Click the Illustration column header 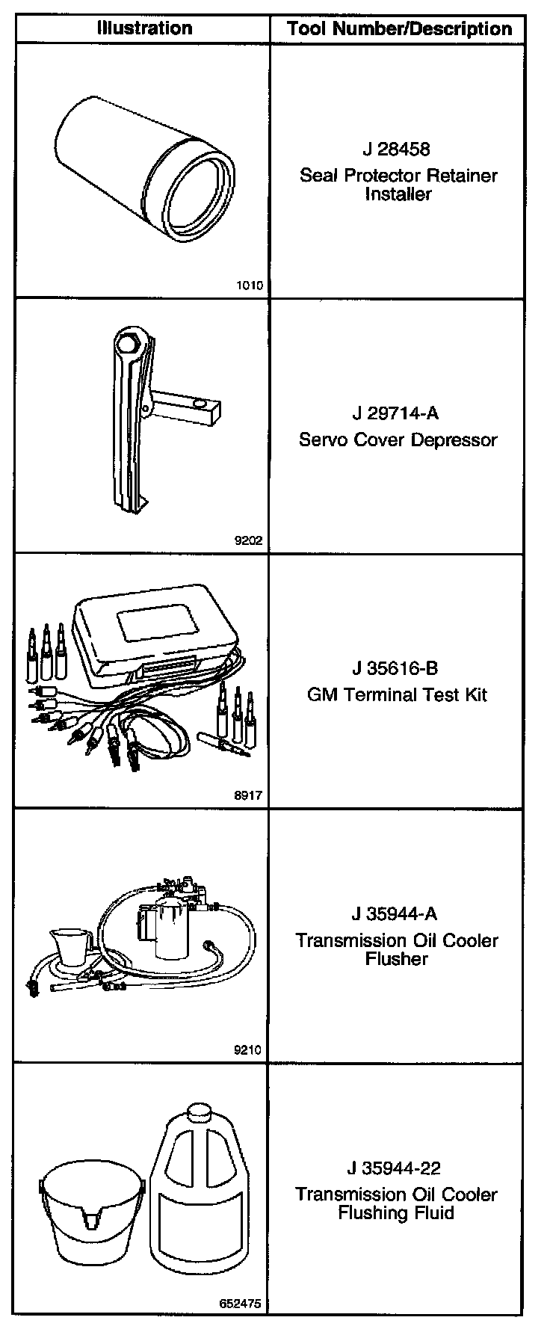click(x=144, y=28)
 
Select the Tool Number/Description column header click(x=400, y=29)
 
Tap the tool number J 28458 click(x=397, y=149)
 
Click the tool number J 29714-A click(x=397, y=413)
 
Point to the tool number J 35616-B click(x=397, y=667)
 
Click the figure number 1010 click(x=249, y=285)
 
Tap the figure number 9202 click(x=249, y=540)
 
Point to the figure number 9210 click(x=249, y=1050)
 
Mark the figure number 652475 click(x=241, y=1304)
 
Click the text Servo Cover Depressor click(x=398, y=440)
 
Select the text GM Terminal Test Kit click(x=398, y=694)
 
